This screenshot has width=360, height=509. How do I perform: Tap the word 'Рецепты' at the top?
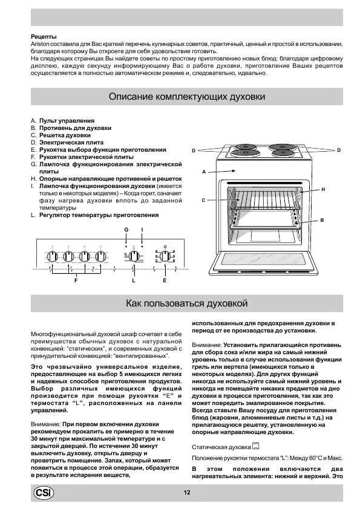click(x=44, y=37)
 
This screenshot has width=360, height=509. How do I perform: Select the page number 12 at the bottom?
click(x=187, y=493)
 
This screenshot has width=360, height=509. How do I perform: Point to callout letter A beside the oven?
click(x=205, y=172)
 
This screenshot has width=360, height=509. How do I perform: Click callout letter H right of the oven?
click(x=323, y=189)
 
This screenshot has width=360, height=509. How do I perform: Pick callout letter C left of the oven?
click(x=203, y=199)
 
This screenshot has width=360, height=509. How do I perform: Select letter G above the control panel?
click(x=126, y=230)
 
